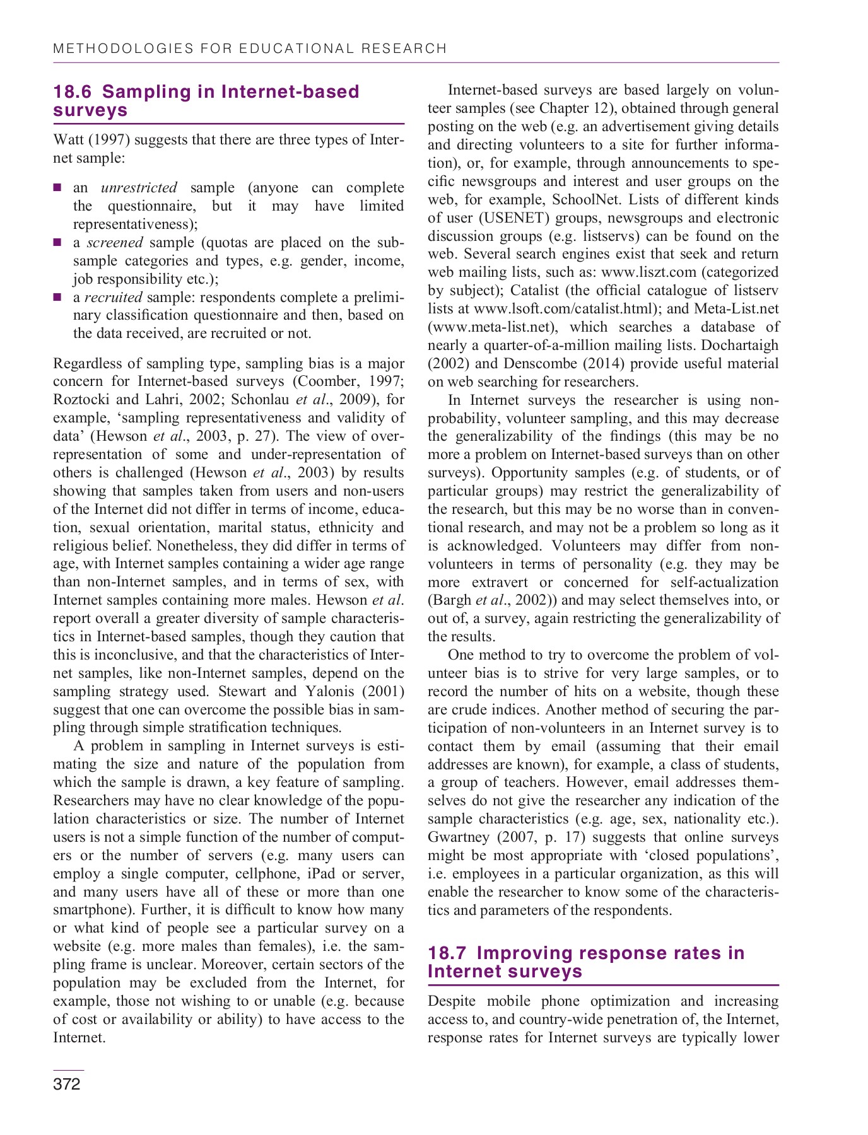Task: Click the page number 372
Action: pos(67,1084)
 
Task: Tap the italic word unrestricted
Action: pos(139,188)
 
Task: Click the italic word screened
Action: pos(115,243)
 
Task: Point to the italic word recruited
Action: pos(114,297)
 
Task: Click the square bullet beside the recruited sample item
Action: pos(57,296)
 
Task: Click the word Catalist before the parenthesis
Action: pos(535,291)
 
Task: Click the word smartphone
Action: pos(92,911)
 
